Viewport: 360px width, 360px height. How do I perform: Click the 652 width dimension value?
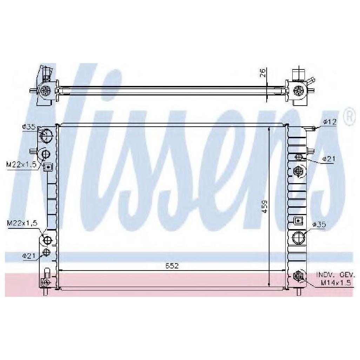pos(172,266)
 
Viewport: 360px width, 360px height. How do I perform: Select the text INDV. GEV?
pos(335,275)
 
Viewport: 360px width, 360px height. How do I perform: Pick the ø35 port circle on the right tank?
pos(299,238)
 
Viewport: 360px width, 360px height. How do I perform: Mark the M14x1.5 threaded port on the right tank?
pos(298,276)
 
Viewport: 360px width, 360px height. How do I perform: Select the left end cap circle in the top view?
pos(45,91)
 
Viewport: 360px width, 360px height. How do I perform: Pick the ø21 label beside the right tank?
pos(329,159)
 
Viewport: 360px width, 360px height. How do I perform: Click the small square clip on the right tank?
pos(298,220)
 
